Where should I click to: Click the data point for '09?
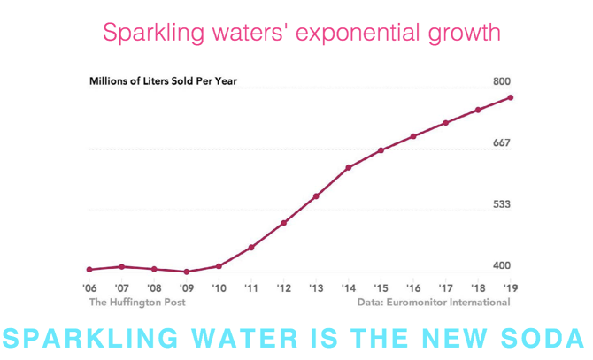pos(187,272)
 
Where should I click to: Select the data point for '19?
pos(510,97)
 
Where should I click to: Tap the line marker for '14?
pos(349,167)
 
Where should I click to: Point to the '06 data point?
pos(89,270)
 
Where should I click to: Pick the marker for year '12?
pos(283,223)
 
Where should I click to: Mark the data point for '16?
pos(413,136)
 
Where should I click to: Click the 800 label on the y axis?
pos(502,81)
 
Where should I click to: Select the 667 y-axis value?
pos(502,142)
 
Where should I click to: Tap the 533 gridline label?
pos(502,204)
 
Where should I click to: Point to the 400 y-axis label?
pos(502,265)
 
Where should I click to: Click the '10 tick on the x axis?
pos(219,288)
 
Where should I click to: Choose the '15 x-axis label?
pos(381,288)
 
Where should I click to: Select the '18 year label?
pos(478,288)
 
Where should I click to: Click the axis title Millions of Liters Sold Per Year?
pos(163,80)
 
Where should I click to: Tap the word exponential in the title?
pos(358,34)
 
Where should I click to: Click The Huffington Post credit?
pos(137,303)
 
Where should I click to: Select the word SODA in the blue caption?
pos(543,338)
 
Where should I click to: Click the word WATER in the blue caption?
pos(244,338)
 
